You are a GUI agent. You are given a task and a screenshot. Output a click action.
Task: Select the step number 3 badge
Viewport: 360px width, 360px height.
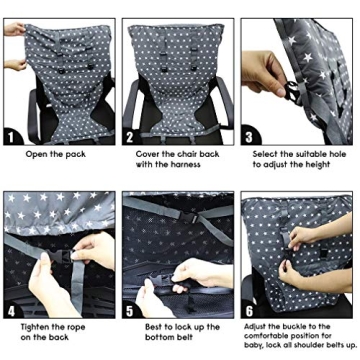[x=247, y=136]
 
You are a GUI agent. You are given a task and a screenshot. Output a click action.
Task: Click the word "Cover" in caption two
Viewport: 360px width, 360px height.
[x=148, y=154]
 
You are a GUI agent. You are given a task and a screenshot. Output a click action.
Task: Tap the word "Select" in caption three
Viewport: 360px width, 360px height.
[x=264, y=154]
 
